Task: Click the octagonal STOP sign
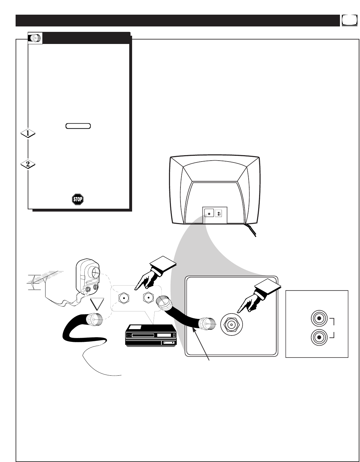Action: pyautogui.click(x=78, y=199)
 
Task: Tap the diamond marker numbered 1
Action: pyautogui.click(x=28, y=134)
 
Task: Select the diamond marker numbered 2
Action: pyautogui.click(x=28, y=164)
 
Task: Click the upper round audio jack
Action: pyautogui.click(x=319, y=318)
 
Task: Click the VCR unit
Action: pyautogui.click(x=151, y=336)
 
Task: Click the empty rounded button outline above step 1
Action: pyautogui.click(x=78, y=126)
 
